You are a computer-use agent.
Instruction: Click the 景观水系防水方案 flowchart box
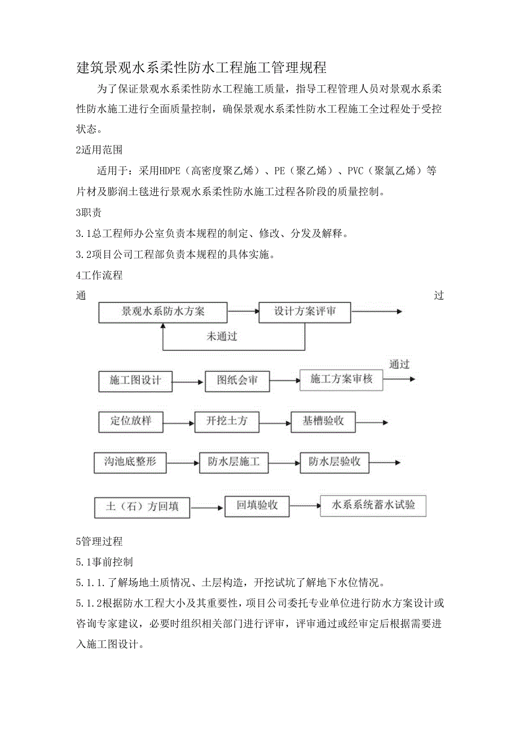163,312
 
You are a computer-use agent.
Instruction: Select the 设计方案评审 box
305,312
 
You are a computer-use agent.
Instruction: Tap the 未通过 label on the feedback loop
222,337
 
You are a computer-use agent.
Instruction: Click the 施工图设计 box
135,381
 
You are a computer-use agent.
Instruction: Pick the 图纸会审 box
237,381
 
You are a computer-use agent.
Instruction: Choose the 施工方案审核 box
341,380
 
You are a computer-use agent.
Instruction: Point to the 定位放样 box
131,421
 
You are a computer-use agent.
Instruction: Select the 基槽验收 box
323,421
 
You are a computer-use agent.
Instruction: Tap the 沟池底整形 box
130,462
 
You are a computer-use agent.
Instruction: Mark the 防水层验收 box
335,462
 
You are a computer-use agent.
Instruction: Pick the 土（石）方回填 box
142,507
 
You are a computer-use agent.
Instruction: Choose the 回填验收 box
257,506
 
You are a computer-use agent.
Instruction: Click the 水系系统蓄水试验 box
373,506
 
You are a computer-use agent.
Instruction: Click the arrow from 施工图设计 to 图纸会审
188,383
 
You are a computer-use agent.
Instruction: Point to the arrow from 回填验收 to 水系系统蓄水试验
305,507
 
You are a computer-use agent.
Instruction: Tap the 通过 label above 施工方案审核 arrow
399,364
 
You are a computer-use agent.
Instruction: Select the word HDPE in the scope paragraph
169,171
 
